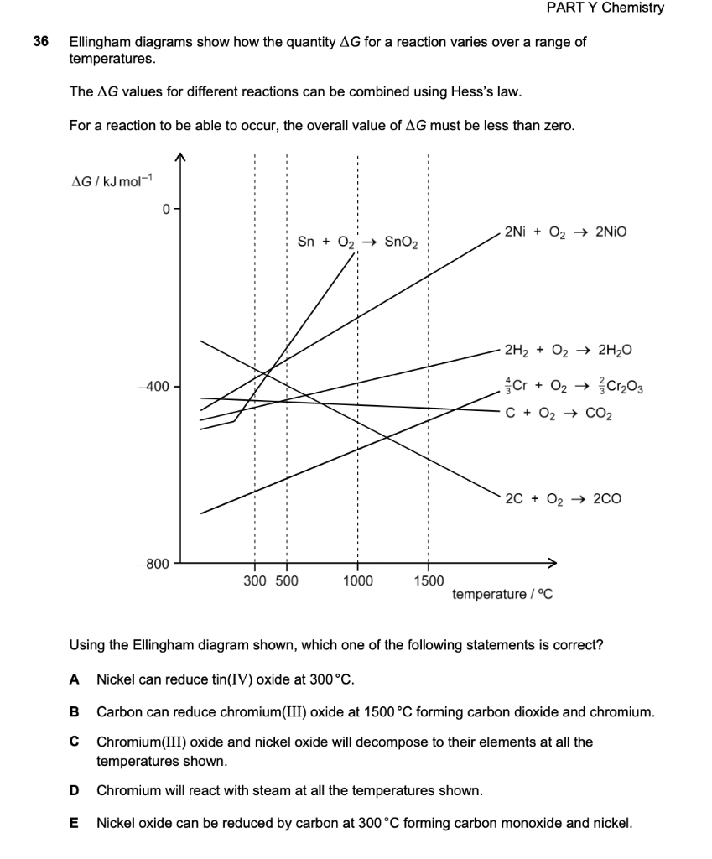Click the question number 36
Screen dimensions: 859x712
pyautogui.click(x=39, y=42)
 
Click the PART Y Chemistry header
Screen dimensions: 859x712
pyautogui.click(x=604, y=8)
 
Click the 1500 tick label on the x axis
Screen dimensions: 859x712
pyautogui.click(x=429, y=580)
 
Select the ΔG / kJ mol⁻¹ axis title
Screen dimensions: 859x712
pyautogui.click(x=109, y=182)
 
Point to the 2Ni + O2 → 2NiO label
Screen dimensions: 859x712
pyautogui.click(x=565, y=231)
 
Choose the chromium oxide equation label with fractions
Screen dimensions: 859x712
pyautogui.click(x=574, y=387)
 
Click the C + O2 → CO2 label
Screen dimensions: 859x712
pyautogui.click(x=559, y=413)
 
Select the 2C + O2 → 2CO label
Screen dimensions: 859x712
pyautogui.click(x=564, y=498)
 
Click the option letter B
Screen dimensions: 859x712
pyautogui.click(x=75, y=712)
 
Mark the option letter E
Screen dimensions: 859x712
pyautogui.click(x=75, y=823)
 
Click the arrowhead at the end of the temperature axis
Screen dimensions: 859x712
pyautogui.click(x=551, y=563)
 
